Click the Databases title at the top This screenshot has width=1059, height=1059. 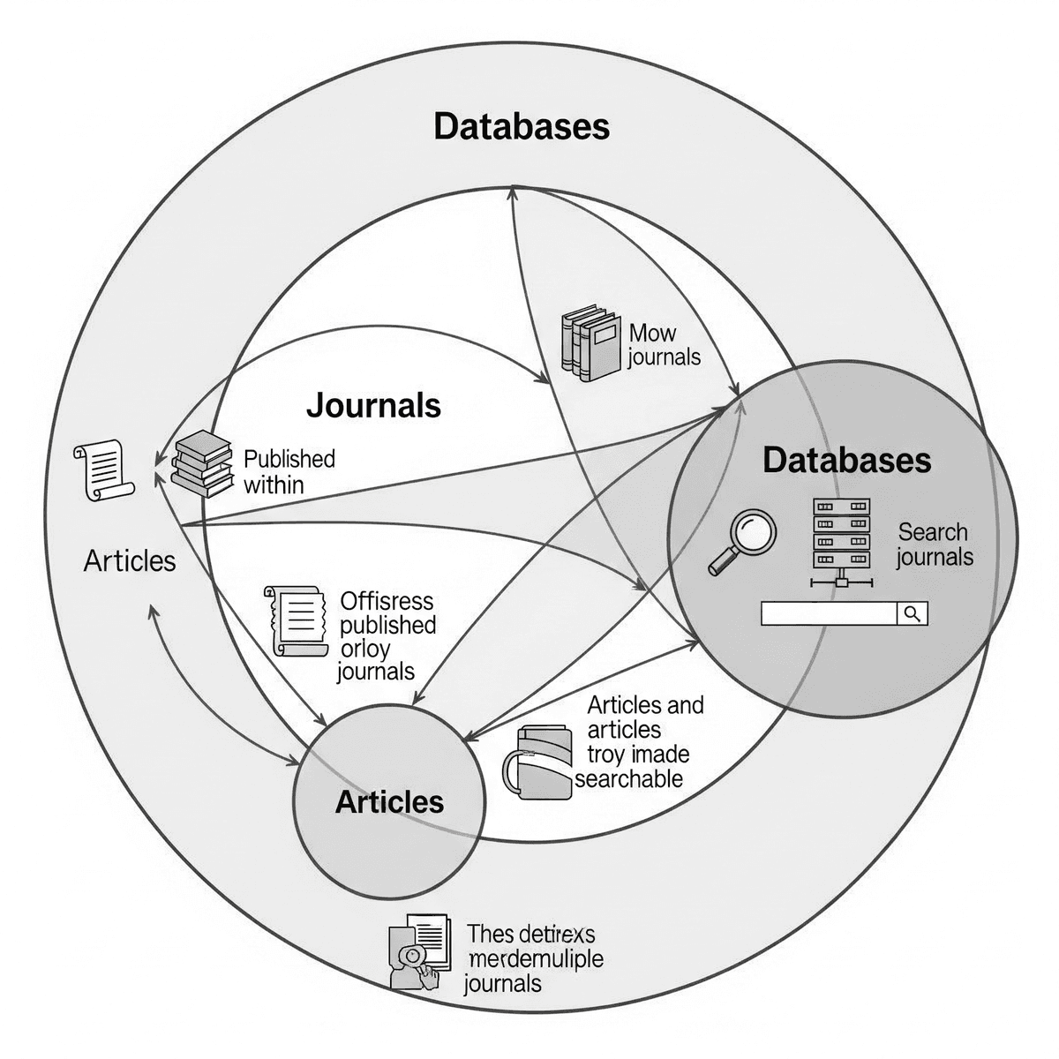coord(522,126)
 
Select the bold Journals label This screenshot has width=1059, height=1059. coord(373,405)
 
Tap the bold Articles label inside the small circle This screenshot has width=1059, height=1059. coord(389,801)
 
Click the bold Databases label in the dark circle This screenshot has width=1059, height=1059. coord(846,460)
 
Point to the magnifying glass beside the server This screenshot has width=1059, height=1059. coord(743,542)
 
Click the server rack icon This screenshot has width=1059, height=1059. coord(841,541)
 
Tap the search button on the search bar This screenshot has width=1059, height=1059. coord(913,614)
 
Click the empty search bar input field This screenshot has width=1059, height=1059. coord(828,614)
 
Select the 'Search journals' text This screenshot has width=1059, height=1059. coord(934,545)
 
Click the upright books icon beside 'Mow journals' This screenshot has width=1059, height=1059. coord(589,342)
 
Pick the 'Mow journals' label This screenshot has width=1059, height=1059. coord(663,344)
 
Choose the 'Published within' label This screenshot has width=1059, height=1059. coord(289,471)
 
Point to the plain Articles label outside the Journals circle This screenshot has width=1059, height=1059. coord(130,560)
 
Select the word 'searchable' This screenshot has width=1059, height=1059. coord(628,778)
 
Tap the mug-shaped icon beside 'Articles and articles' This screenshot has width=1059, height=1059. coord(537,762)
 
